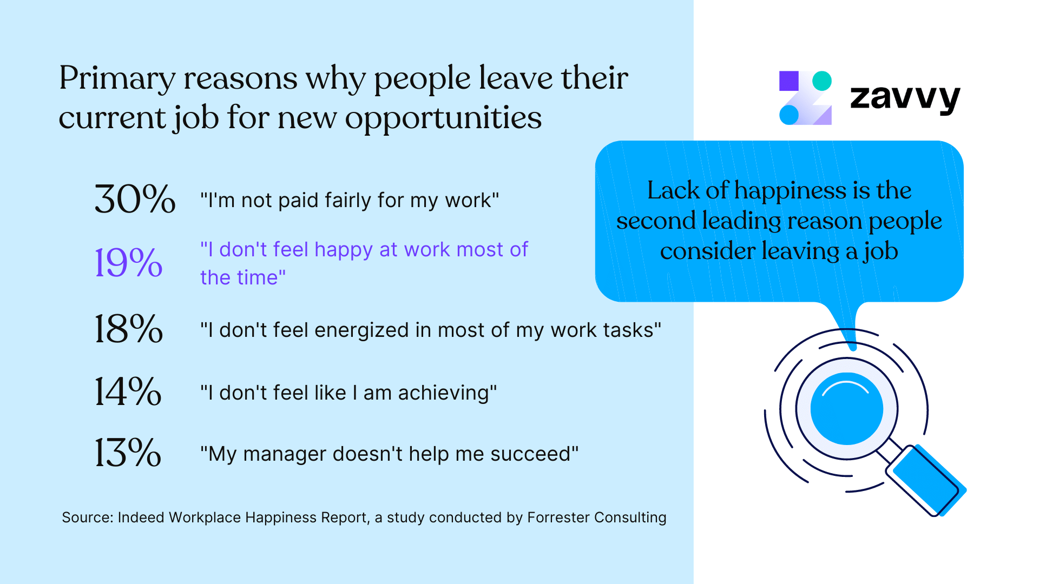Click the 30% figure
135,199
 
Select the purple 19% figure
128,263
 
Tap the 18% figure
128,329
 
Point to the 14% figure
128,391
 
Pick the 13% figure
128,453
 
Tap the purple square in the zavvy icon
788,81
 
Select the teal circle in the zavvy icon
822,81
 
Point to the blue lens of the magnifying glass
846,409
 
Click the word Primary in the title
117,79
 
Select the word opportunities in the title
443,118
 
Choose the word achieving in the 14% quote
444,393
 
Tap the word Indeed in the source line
141,517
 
